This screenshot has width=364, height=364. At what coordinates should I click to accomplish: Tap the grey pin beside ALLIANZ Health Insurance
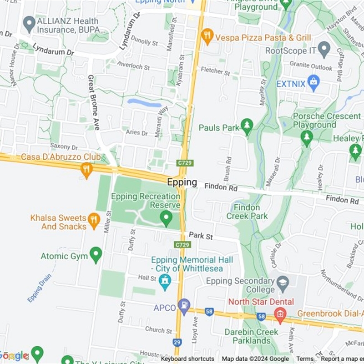coord(30,24)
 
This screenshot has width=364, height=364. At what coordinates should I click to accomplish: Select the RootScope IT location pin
coord(324,49)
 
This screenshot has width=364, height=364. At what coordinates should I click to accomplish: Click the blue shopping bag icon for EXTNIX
coord(313,82)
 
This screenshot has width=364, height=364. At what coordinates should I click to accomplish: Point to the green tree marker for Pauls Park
coord(247,126)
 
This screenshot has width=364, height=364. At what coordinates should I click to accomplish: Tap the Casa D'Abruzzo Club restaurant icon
coord(86,169)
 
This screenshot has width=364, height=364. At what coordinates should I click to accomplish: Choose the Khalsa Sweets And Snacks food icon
coord(94,221)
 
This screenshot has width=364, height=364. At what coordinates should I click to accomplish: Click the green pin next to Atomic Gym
coord(96,255)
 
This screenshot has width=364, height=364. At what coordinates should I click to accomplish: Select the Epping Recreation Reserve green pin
coord(166,218)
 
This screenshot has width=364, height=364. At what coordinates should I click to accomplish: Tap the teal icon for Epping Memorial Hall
coord(165,282)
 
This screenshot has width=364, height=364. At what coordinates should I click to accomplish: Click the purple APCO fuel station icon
coord(184,307)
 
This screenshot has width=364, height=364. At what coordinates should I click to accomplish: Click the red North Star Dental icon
coord(280,313)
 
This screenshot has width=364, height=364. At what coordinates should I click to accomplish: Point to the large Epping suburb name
coord(182,182)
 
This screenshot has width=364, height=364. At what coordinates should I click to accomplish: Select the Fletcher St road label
coord(215,71)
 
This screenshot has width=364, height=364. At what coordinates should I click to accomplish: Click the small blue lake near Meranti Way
coord(144,103)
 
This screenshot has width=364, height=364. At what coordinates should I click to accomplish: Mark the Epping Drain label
coord(39,288)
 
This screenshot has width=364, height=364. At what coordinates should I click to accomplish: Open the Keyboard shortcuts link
coord(187,359)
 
